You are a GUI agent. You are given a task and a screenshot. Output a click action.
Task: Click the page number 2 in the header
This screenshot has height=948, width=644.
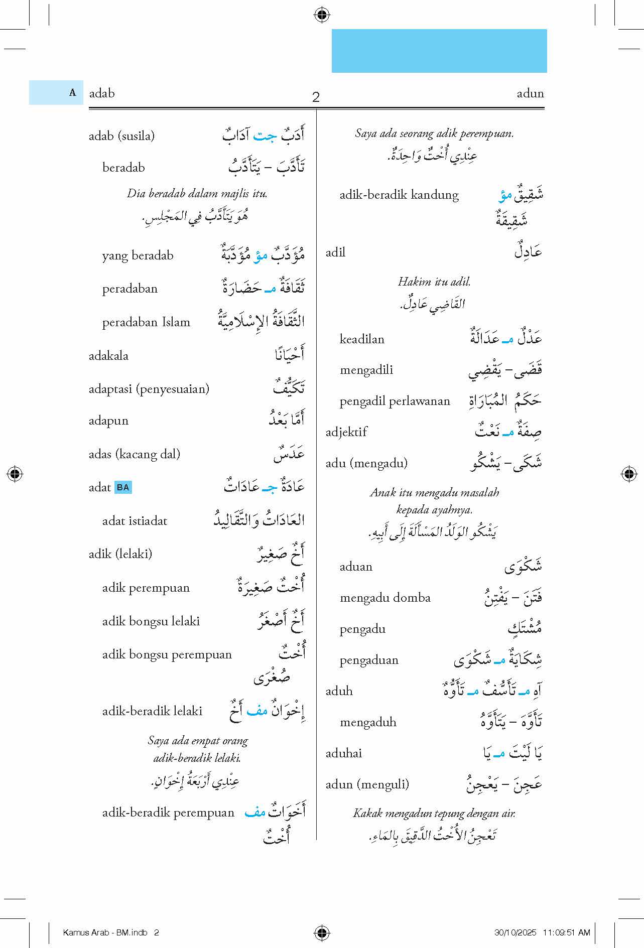316,97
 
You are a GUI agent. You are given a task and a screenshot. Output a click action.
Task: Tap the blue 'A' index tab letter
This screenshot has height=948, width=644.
72,92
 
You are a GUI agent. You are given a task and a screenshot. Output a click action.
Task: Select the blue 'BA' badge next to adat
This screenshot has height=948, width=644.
123,487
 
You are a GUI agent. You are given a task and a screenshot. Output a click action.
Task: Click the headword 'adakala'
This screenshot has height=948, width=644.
108,356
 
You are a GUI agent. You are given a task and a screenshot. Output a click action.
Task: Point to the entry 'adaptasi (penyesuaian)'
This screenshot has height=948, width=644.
149,388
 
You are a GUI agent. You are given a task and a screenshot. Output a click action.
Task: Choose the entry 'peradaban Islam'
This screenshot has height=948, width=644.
146,322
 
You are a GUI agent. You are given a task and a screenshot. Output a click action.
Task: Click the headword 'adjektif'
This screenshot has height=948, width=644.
346,432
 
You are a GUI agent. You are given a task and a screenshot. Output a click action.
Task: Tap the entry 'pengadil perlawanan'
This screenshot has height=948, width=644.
395,401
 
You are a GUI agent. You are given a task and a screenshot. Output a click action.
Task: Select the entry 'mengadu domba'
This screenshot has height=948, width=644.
385,598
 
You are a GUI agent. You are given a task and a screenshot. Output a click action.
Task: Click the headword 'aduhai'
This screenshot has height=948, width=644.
344,753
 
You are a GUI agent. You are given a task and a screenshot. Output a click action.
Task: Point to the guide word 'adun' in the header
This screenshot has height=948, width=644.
530,93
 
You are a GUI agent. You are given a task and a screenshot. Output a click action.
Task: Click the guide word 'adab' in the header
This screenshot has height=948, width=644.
102,93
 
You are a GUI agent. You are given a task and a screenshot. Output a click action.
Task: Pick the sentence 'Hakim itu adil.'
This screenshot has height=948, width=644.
434,282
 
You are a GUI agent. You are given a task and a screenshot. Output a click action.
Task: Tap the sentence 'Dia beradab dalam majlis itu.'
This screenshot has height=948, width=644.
197,193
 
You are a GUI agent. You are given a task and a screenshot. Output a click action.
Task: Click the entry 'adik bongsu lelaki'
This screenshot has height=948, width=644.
151,621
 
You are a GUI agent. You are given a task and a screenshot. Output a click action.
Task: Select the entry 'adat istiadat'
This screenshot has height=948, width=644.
135,521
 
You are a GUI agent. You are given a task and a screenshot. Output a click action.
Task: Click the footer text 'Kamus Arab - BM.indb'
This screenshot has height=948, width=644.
105,932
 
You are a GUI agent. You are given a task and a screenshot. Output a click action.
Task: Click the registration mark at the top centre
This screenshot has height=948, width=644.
322,15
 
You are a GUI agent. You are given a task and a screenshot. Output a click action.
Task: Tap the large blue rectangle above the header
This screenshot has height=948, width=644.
439,51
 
